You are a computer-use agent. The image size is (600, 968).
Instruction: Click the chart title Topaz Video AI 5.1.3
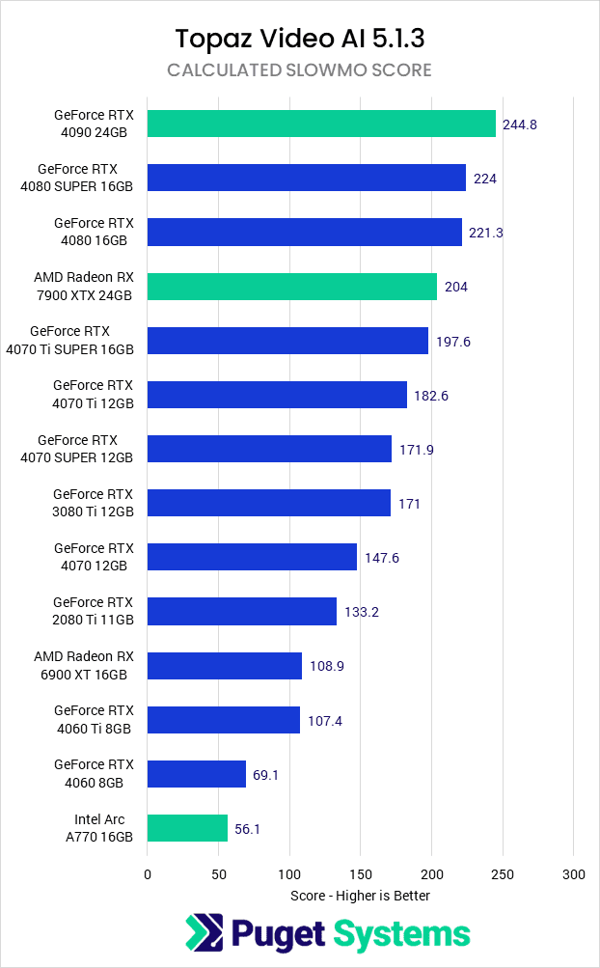299,39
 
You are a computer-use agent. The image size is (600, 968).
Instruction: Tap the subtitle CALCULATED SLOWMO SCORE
299,70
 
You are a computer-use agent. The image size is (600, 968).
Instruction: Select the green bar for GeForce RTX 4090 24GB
321,124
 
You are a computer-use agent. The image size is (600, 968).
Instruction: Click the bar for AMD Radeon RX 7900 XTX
292,287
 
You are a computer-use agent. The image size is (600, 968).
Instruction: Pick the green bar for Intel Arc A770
187,828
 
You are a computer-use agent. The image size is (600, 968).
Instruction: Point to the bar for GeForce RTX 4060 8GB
197,774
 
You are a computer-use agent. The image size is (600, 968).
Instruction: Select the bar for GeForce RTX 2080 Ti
242,611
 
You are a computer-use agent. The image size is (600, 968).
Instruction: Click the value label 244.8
520,124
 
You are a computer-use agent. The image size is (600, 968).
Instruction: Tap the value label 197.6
452,342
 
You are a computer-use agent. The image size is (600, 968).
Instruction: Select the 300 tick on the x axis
573,874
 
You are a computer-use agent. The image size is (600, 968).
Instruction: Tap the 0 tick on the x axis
148,874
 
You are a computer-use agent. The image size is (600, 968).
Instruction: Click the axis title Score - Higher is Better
360,896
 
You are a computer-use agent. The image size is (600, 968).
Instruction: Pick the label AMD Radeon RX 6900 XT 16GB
84,665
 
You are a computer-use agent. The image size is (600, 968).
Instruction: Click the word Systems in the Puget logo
401,933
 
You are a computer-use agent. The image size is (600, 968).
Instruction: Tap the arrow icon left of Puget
204,933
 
